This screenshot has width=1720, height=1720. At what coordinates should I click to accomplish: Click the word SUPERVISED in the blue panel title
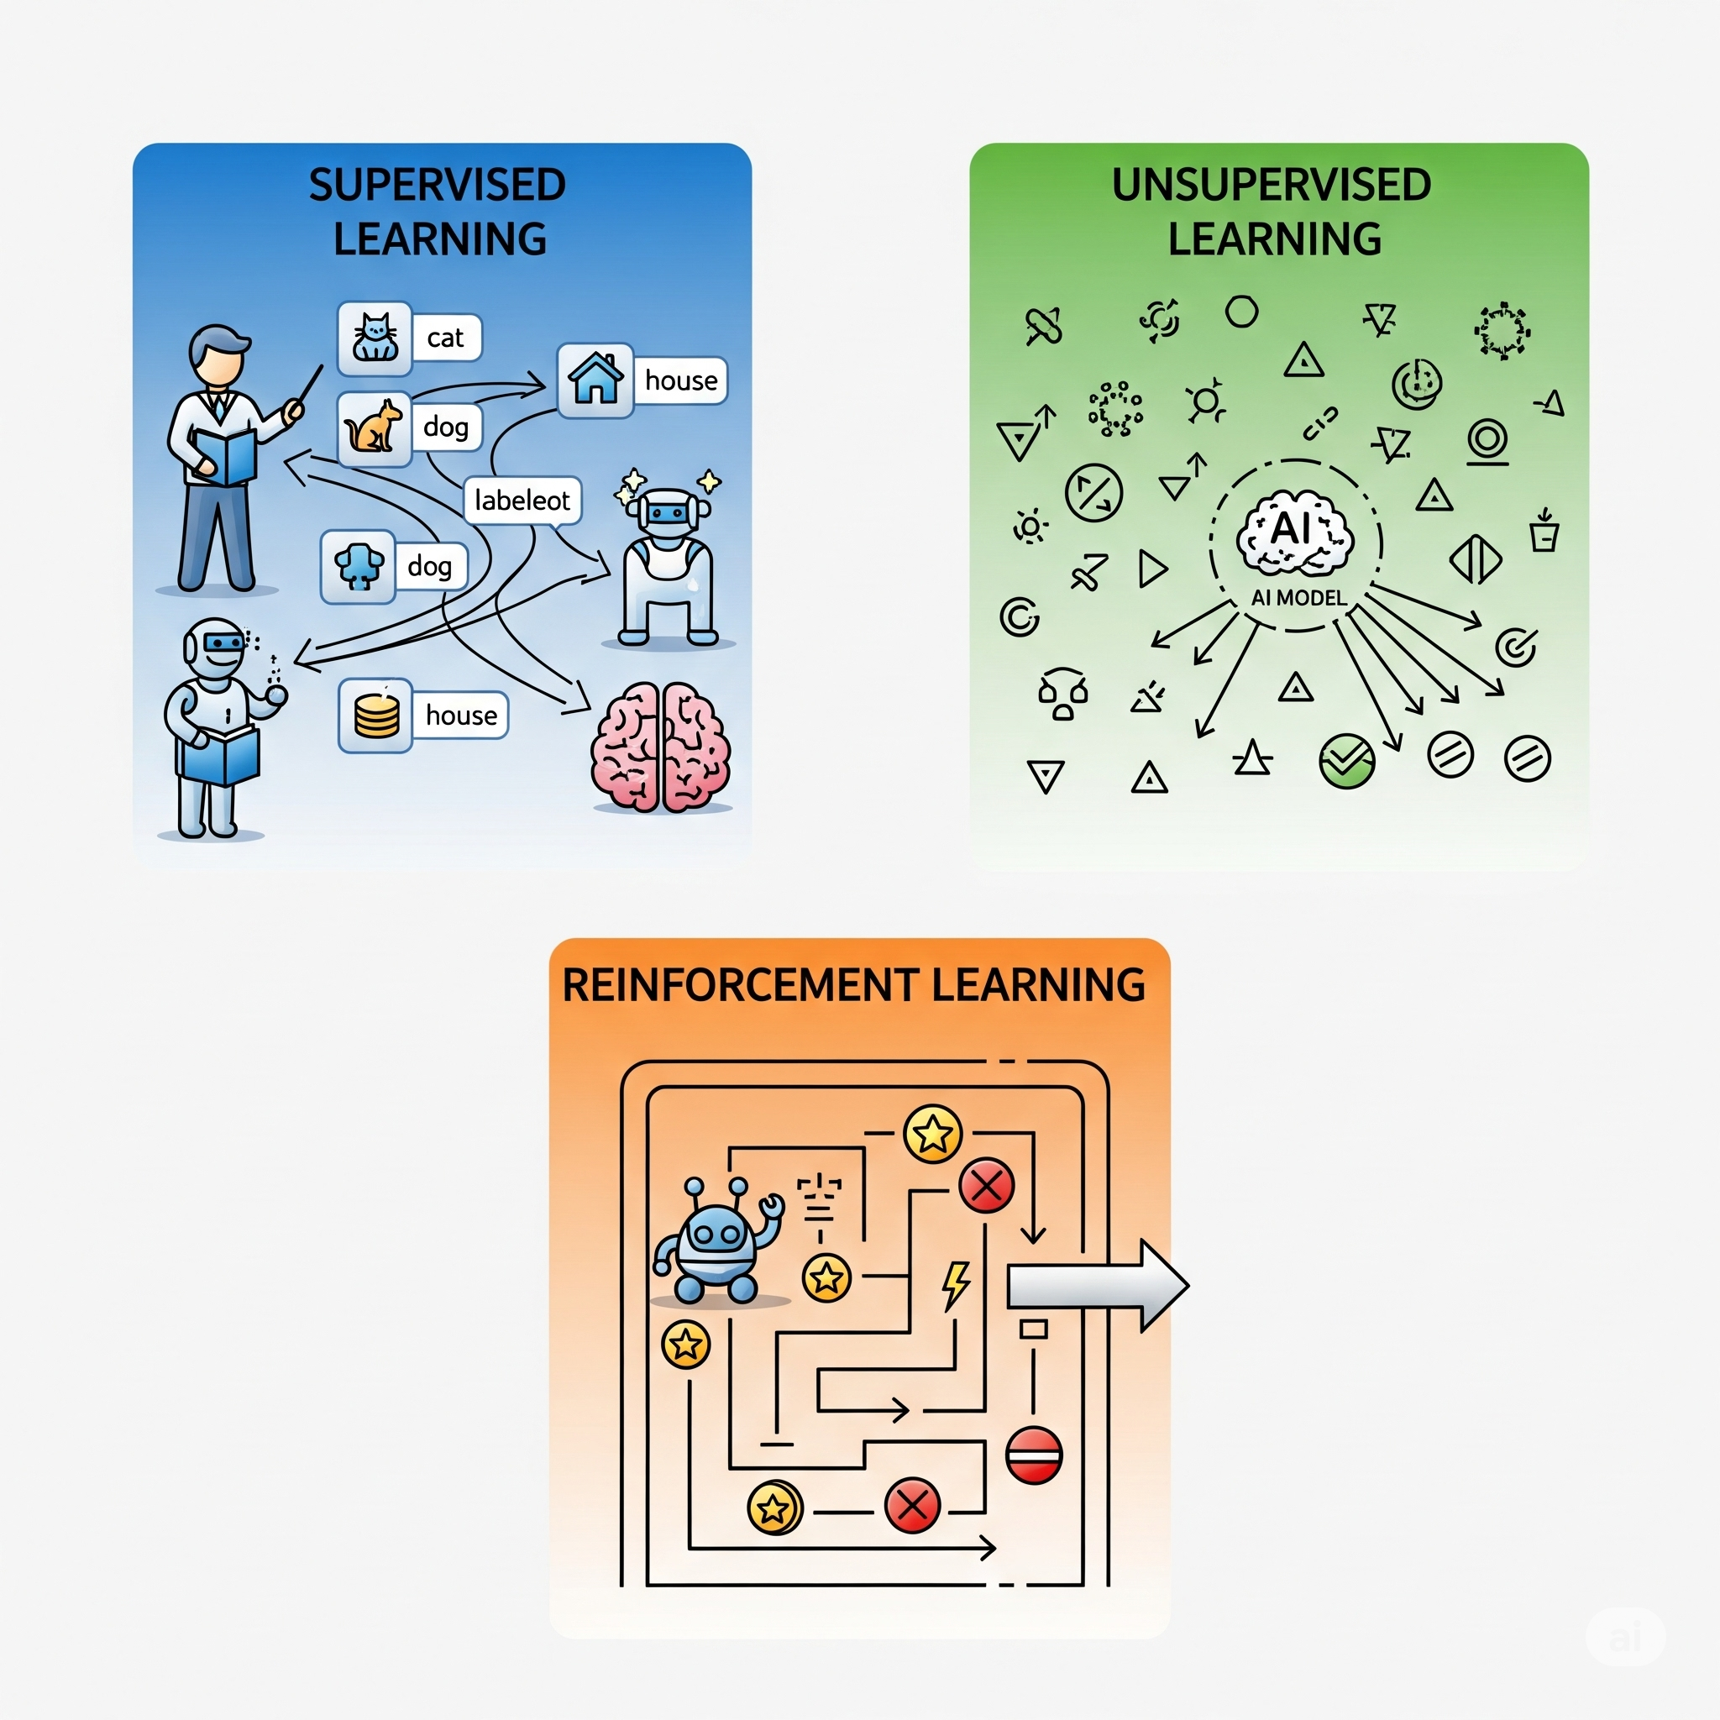coord(436,185)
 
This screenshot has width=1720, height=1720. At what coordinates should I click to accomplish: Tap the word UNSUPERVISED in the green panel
coord(1271,185)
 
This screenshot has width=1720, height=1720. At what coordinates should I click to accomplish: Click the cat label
coord(445,338)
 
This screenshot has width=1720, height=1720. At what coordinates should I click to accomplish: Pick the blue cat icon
coord(375,338)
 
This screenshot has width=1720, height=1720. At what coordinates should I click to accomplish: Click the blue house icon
coord(595,380)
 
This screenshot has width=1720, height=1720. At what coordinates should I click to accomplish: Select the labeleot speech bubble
coord(522,501)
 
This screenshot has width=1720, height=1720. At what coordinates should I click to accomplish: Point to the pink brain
coord(661,747)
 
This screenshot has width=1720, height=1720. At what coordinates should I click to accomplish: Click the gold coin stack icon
coord(375,715)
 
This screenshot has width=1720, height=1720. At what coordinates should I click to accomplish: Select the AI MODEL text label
coord(1298,597)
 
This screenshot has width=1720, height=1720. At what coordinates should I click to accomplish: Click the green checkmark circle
coord(1346,761)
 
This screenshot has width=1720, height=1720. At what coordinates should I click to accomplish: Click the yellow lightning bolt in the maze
coord(955,1285)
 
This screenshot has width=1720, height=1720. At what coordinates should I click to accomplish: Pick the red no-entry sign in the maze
coord(1033,1455)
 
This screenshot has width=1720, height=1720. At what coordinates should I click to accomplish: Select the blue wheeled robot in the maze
coord(716,1242)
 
